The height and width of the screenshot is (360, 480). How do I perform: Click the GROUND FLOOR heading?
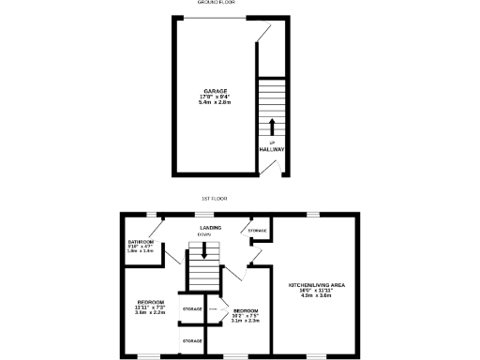coord(216,3)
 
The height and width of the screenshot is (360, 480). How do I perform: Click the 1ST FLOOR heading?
coord(216,198)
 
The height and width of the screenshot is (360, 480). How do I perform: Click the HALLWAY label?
coord(272,149)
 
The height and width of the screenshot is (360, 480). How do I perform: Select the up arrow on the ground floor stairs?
coord(272,127)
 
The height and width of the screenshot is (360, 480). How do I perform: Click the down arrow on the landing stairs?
coord(204,250)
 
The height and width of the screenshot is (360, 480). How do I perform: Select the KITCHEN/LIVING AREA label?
coord(317,283)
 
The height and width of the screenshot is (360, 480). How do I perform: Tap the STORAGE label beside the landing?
coord(258,231)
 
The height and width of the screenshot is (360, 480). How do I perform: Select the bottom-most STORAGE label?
coord(192,340)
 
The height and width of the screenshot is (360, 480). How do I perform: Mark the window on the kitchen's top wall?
coord(312,214)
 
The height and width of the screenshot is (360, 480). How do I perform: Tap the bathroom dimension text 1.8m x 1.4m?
coord(140,252)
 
